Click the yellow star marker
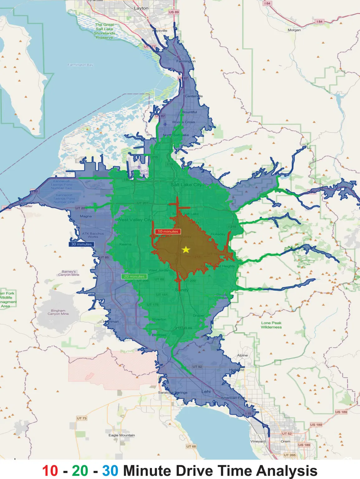(186, 249)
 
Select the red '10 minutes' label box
(168, 231)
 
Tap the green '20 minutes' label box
(134, 276)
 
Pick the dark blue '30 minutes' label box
(81, 244)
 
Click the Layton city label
(141, 8)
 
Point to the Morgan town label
(294, 30)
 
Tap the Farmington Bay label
(80, 65)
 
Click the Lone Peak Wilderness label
(271, 325)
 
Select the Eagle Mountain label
(122, 435)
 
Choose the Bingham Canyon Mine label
(58, 312)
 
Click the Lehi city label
(206, 391)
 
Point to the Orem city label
(286, 441)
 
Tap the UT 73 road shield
(82, 418)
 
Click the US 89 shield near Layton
(174, 12)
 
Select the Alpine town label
(242, 355)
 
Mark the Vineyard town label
(258, 441)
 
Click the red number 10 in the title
(50, 471)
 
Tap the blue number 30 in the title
(110, 471)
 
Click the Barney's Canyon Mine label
(69, 273)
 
